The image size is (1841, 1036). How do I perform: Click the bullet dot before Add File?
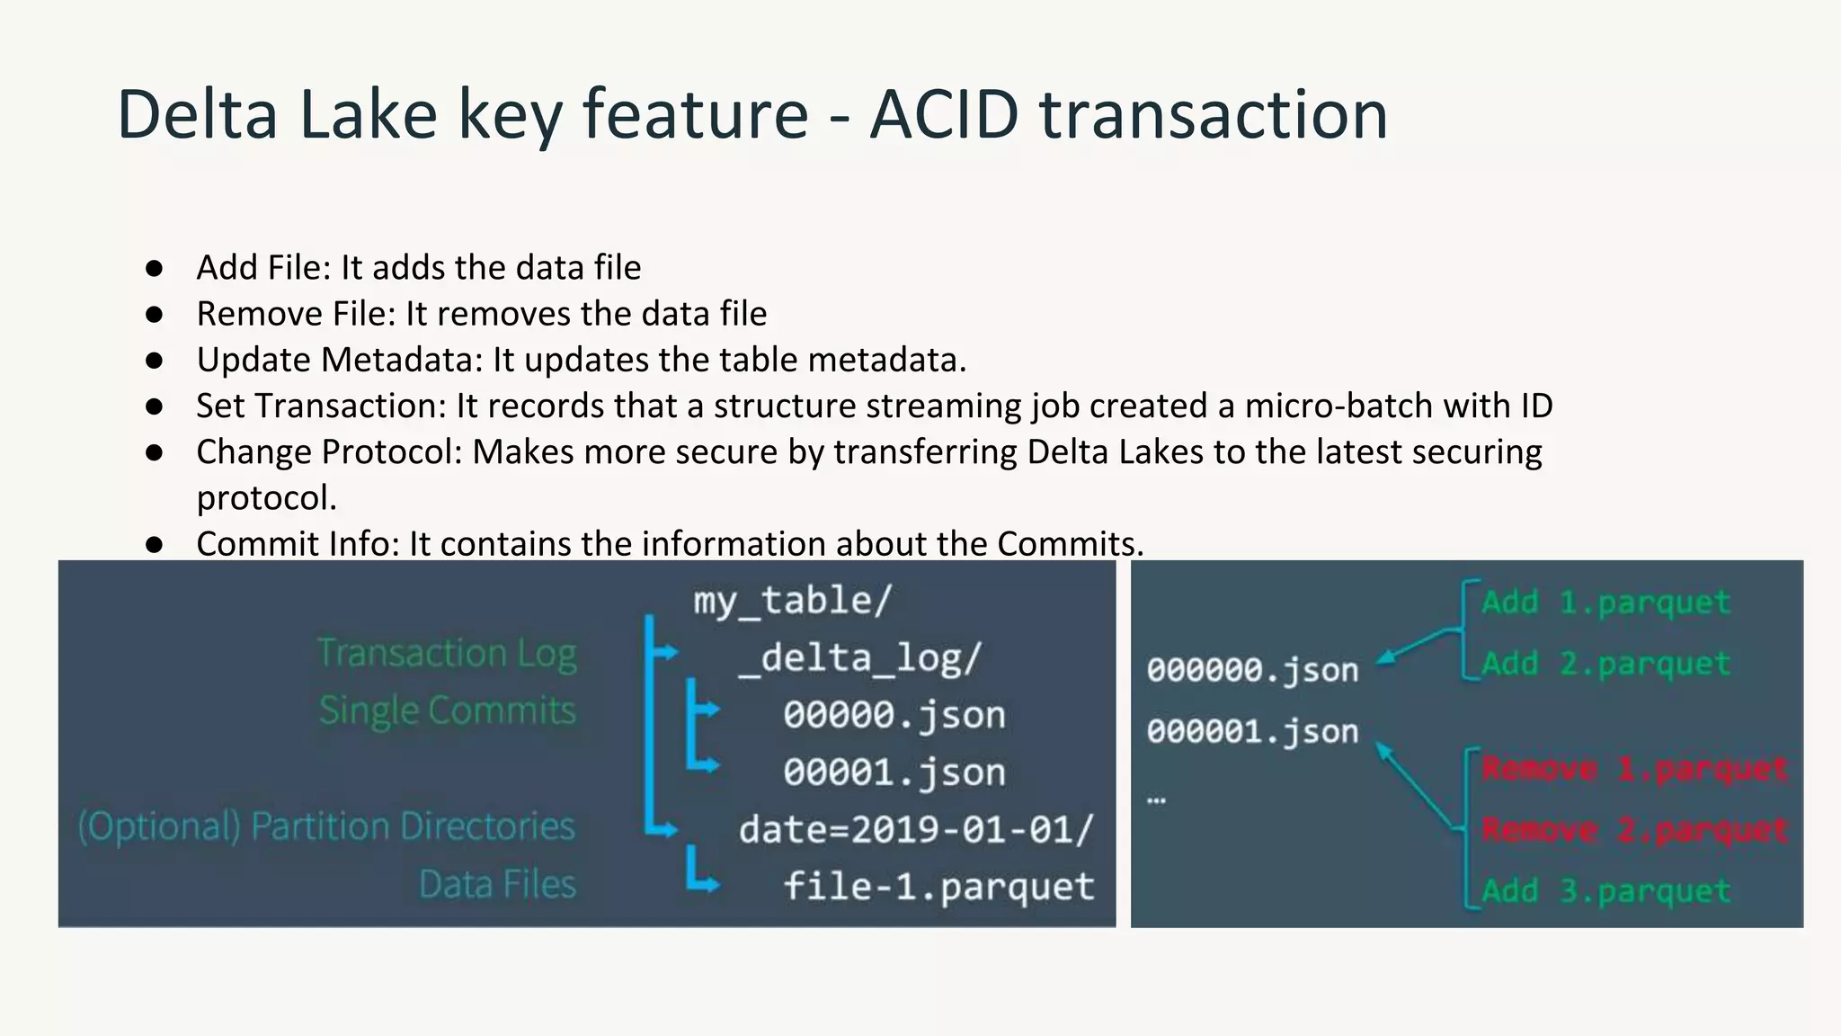tap(154, 268)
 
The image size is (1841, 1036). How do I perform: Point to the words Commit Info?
tap(298, 543)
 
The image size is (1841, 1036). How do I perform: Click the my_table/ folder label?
tap(792, 600)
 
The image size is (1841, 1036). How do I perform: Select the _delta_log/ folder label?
tap(859, 658)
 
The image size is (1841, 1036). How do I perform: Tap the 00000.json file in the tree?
tap(894, 715)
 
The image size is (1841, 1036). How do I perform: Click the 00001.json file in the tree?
tap(894, 773)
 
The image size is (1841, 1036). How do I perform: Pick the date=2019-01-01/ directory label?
tap(916, 829)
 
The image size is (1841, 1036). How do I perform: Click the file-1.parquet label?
tap(938, 887)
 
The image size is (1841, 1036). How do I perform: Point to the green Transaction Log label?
tap(447, 654)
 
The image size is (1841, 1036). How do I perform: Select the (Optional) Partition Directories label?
tap(326, 826)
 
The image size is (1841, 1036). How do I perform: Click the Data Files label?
tap(497, 885)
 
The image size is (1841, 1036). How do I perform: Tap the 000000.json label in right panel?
tap(1252, 670)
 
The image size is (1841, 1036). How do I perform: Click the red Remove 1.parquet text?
tap(1634, 770)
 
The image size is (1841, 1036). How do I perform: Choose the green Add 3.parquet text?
tap(1605, 891)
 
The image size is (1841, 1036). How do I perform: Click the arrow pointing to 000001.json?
tap(1416, 784)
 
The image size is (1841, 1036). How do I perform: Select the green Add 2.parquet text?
tap(1605, 664)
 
